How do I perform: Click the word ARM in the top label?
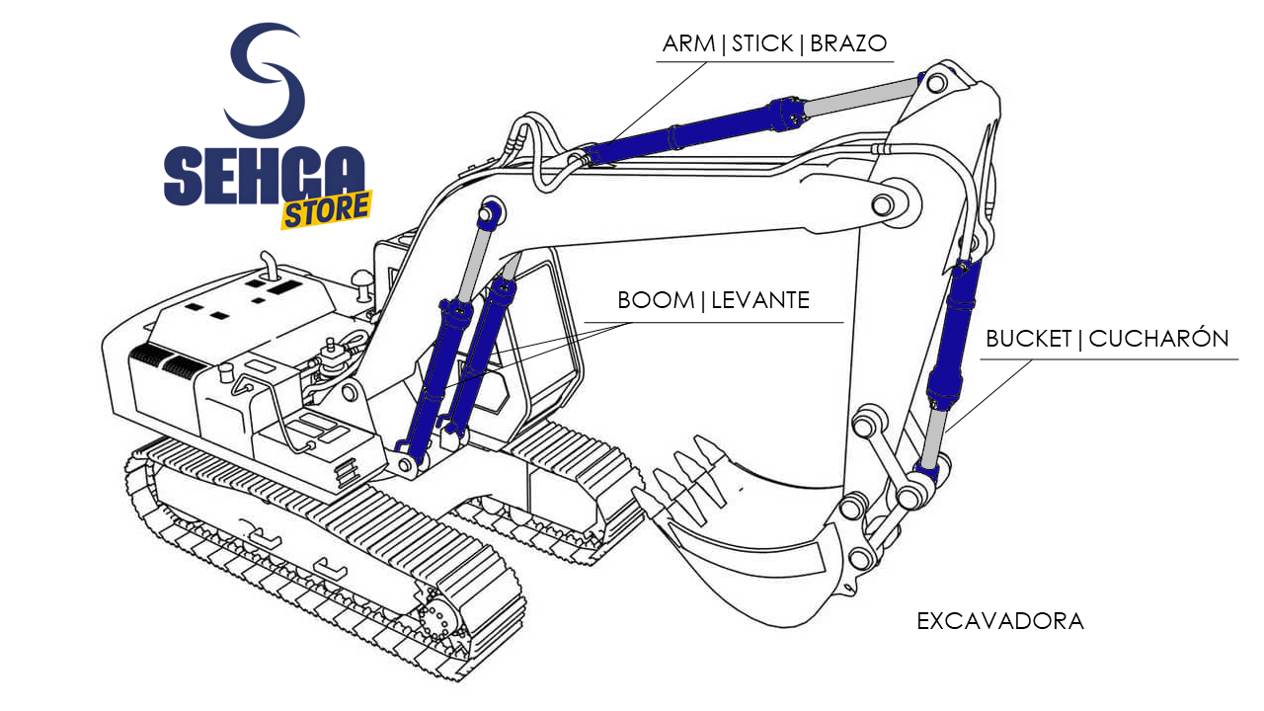(x=688, y=43)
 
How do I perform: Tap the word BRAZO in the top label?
(x=848, y=43)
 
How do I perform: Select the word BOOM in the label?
(x=656, y=300)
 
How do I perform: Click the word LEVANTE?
(x=760, y=300)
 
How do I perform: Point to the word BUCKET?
(x=1028, y=339)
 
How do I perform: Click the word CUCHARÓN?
(x=1158, y=338)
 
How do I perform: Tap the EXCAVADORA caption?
(x=1000, y=621)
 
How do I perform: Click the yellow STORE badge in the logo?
(x=326, y=210)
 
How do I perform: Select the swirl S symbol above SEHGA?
(x=266, y=79)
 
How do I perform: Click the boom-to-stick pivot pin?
(x=883, y=204)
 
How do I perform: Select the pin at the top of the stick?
(x=936, y=84)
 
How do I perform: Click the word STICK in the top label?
(x=762, y=43)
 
